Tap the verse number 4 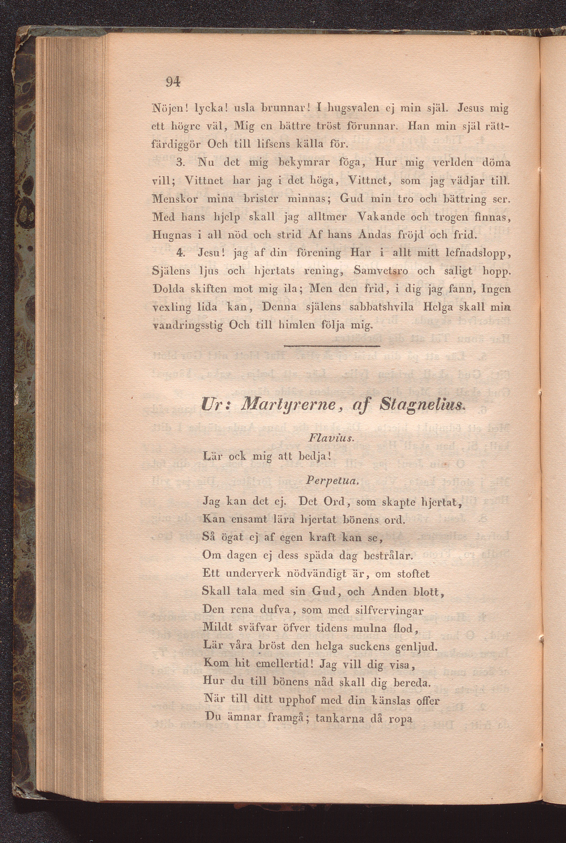coord(181,253)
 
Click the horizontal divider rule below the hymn coord(332,347)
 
